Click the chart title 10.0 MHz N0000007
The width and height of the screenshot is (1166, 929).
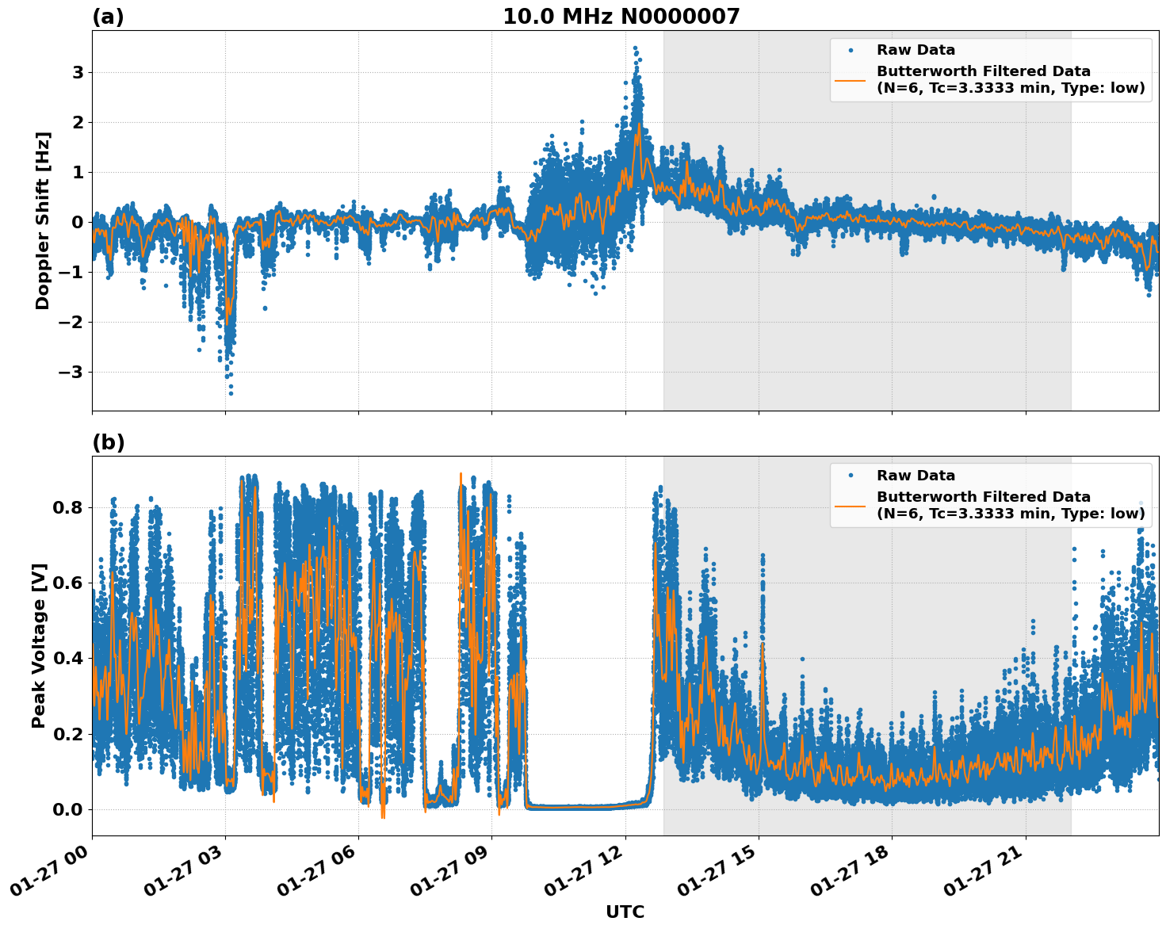(621, 17)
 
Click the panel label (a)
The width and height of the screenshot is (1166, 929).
(108, 17)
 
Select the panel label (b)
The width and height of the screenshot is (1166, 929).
(108, 442)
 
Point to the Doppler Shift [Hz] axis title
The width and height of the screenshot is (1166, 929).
(43, 220)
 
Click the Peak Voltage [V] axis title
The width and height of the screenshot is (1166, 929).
(39, 645)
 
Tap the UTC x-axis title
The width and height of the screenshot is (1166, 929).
(625, 912)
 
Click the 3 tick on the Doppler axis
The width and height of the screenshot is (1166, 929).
(78, 72)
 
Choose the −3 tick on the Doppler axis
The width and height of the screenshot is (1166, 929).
(73, 372)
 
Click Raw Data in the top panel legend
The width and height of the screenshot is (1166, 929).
(916, 50)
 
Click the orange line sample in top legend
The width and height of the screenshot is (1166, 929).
(850, 79)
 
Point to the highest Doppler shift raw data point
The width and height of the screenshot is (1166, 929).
(635, 48)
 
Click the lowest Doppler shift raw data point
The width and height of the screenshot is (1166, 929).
(231, 393)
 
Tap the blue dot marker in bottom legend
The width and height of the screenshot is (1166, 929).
(850, 476)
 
